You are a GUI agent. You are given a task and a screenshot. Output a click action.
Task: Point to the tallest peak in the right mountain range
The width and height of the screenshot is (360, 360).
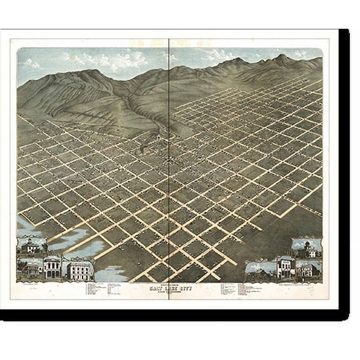click(x=282, y=57)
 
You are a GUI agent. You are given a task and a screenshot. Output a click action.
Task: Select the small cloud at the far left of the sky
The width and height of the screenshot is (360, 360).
click(x=30, y=62)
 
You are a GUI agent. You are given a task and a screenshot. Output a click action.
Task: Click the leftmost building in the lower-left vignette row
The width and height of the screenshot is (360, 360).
click(x=31, y=268)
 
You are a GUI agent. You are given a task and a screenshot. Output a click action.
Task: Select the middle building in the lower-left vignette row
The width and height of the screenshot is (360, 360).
click(x=52, y=267)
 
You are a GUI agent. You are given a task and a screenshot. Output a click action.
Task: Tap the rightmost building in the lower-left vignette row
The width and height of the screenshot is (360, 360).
click(x=79, y=269)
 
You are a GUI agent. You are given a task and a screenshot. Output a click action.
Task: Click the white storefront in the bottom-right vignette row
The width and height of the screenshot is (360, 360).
click(x=285, y=267)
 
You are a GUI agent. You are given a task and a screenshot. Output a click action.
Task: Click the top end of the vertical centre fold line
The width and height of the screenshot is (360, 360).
click(x=169, y=41)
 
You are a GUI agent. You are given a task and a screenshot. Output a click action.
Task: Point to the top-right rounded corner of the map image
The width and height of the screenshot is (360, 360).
click(x=327, y=42)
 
